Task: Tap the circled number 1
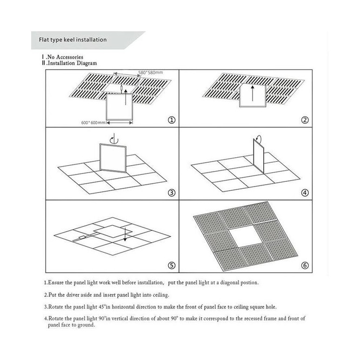(172, 120)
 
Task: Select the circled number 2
(305, 120)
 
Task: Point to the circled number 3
(172, 193)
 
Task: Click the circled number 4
(305, 193)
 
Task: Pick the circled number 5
(172, 266)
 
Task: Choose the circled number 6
(305, 266)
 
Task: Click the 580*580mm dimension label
(150, 73)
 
